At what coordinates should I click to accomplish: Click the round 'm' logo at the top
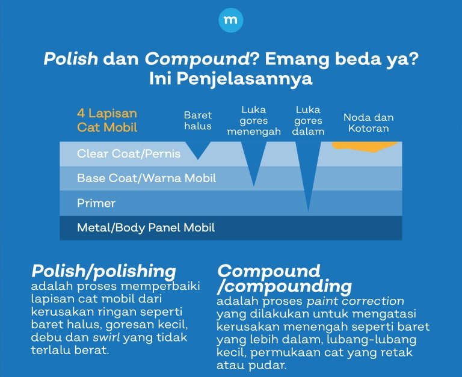pos(231,20)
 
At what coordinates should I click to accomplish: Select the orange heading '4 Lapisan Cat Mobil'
pos(107,120)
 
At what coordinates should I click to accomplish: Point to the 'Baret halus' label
pos(198,120)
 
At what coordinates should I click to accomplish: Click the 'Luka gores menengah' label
pos(253,121)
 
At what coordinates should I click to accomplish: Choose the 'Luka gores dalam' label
pos(309,121)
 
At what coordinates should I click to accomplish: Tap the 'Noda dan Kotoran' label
pos(368,123)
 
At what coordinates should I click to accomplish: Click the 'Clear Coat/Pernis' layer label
pos(129,154)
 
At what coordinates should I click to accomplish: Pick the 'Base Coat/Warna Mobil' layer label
pos(146,179)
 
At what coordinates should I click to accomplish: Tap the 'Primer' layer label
pos(96,203)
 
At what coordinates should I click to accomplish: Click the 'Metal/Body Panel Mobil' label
pos(146,228)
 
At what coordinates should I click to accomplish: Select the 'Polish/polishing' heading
pos(103,271)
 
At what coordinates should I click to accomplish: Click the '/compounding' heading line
pos(285,285)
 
